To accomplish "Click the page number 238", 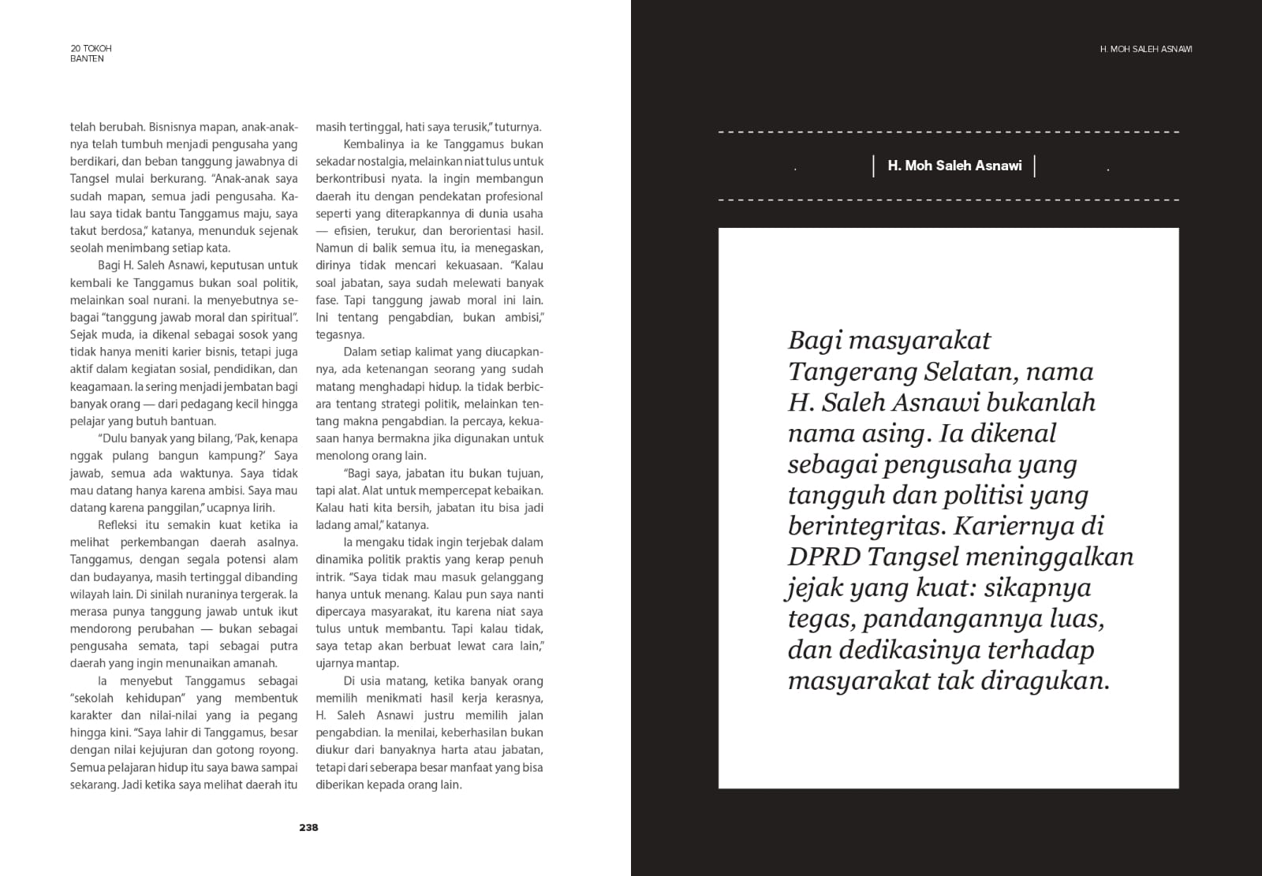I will pyautogui.click(x=308, y=827).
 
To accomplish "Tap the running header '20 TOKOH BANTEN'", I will pyautogui.click(x=91, y=53).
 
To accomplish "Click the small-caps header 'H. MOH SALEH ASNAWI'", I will pyautogui.click(x=1145, y=49).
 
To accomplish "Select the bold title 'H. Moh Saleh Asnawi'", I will pyautogui.click(x=954, y=166).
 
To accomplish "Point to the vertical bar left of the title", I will pyautogui.click(x=874, y=166).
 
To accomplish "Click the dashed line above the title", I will pyautogui.click(x=948, y=132).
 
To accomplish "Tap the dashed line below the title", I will pyautogui.click(x=948, y=199).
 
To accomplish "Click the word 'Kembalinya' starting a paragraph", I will pyautogui.click(x=373, y=144).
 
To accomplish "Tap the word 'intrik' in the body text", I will pyautogui.click(x=330, y=576).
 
